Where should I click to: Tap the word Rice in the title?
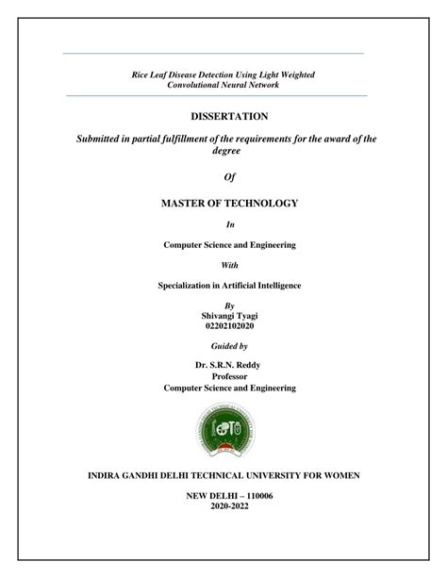point(141,74)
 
